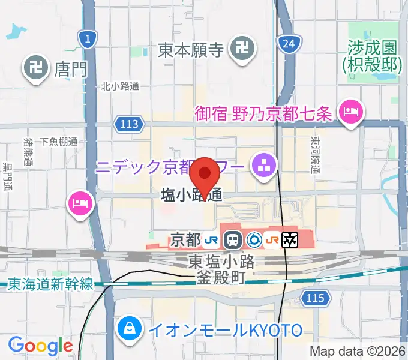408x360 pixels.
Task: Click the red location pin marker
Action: coord(205,175)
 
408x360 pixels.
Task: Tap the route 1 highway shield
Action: coord(88,40)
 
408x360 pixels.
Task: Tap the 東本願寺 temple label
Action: coord(191,50)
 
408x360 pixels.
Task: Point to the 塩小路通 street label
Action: coord(191,195)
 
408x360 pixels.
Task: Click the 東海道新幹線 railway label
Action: coord(51,284)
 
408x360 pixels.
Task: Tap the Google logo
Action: coord(40,346)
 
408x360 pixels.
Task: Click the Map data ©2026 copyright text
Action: coord(357,351)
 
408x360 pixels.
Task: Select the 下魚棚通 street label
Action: coord(59,142)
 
